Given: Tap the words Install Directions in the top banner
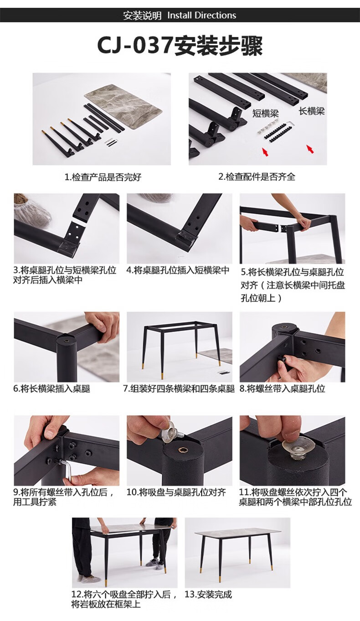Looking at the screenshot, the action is click(201, 15).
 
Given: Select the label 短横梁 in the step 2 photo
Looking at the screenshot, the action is click(265, 114).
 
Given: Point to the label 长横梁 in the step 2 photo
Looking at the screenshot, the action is click(312, 111).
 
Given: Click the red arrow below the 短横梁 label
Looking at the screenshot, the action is click(265, 152).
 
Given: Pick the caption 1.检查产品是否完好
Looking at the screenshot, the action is click(103, 177).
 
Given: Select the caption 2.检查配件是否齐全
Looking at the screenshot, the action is click(257, 176).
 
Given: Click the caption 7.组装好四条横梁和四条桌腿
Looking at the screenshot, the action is click(179, 388).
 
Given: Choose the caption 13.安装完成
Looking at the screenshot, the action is click(208, 595).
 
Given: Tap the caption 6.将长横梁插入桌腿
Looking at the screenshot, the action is click(52, 388).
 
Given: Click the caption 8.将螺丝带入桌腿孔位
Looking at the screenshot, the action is click(282, 388).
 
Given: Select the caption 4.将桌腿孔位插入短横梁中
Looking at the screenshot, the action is click(178, 270).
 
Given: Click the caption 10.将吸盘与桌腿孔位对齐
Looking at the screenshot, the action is click(176, 492).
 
